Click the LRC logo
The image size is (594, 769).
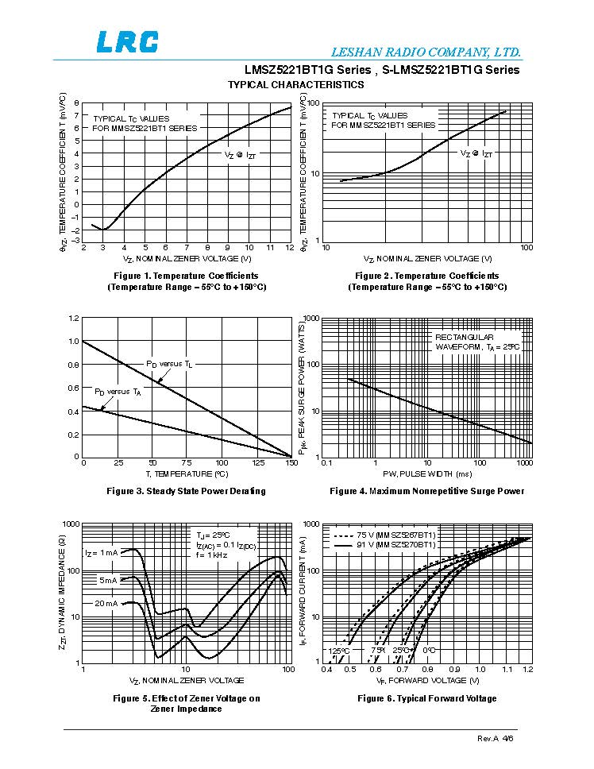pos(127,41)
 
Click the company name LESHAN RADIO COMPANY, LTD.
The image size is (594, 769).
pos(442,52)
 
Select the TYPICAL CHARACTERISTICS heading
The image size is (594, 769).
pos(295,84)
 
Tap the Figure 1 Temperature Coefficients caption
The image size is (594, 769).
pos(187,281)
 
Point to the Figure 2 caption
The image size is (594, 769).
pos(426,281)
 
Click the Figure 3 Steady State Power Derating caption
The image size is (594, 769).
pos(186,491)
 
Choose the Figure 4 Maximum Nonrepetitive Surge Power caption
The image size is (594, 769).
pos(426,491)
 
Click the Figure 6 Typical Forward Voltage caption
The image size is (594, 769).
pos(426,698)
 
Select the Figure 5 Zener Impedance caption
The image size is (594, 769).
pos(186,703)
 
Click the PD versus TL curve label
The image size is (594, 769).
pos(169,364)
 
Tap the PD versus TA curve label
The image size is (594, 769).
pos(118,392)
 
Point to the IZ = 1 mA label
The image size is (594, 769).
pos(101,552)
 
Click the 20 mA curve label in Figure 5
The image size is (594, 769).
pos(106,604)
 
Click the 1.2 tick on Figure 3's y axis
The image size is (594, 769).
pos(74,319)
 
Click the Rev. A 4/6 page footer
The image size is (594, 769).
pos(496,739)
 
